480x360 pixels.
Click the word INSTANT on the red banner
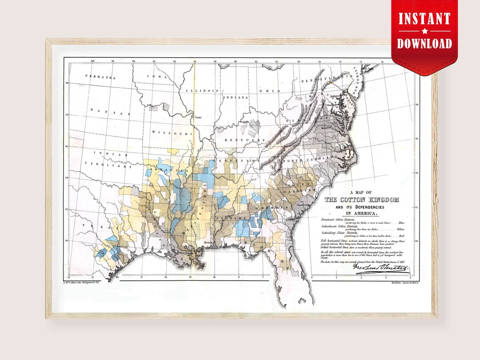pyautogui.click(x=424, y=19)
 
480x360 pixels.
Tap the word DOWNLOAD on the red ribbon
pyautogui.click(x=424, y=43)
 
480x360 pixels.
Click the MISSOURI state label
pyautogui.click(x=172, y=132)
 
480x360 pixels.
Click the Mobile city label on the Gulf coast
pyautogui.click(x=208, y=242)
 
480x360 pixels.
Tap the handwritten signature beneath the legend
pyautogui.click(x=380, y=268)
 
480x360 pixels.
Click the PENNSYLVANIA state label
pyautogui.click(x=324, y=80)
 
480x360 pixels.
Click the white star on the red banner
pyautogui.click(x=424, y=31)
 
